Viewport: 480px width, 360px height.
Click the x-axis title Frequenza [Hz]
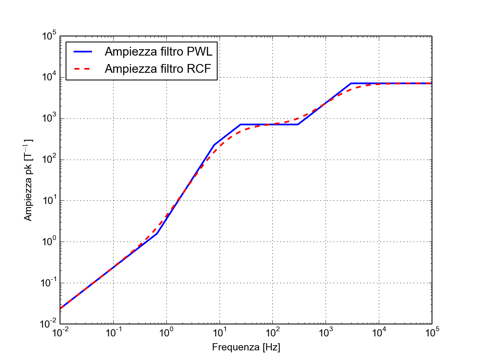coord(246,347)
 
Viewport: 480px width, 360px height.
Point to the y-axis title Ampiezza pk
coord(28,180)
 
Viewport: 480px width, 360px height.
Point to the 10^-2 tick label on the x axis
coord(60,333)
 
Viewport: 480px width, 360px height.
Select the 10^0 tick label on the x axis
coord(166,333)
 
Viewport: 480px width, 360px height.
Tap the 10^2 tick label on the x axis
coord(273,333)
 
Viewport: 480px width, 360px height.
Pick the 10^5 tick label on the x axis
coord(432,333)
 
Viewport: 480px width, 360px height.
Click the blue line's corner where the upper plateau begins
coord(351,84)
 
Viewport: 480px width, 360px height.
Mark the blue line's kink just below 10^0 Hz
coord(157,234)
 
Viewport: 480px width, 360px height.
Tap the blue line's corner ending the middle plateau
coord(298,124)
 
